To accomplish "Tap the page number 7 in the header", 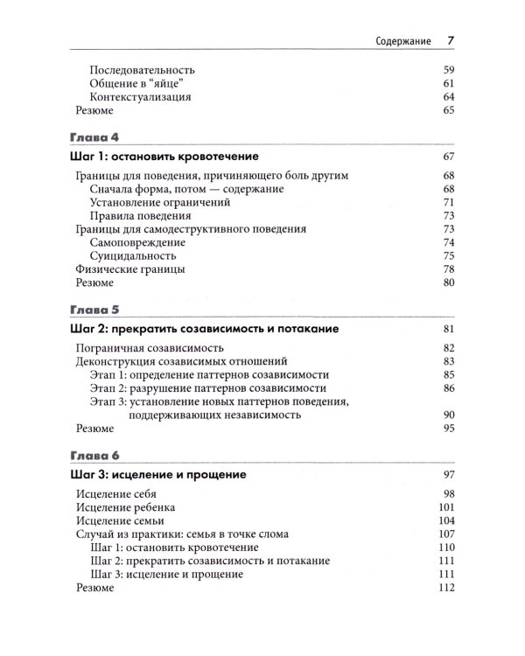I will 451,39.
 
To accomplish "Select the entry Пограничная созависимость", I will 143,348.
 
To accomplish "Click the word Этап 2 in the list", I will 107,387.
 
